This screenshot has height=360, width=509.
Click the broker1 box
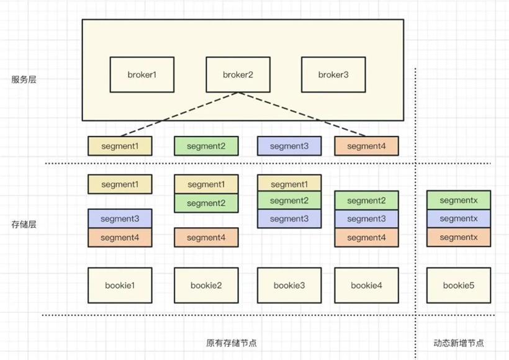click(x=142, y=74)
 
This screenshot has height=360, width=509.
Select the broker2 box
click(x=238, y=74)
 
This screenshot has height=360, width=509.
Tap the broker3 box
click(x=333, y=74)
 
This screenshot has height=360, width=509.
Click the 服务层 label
click(x=24, y=79)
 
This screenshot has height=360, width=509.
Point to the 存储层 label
click(x=24, y=224)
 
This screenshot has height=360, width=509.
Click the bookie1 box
click(x=120, y=286)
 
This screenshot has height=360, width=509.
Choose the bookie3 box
click(x=289, y=286)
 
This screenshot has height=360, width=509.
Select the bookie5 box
click(x=459, y=286)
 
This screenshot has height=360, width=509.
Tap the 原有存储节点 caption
click(x=232, y=343)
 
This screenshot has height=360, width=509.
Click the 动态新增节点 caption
click(x=459, y=343)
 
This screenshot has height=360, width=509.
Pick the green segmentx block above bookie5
click(x=459, y=200)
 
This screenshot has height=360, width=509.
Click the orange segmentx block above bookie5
click(x=459, y=237)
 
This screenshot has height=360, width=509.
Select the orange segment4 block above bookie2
click(x=206, y=237)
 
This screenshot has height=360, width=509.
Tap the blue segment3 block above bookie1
click(x=120, y=218)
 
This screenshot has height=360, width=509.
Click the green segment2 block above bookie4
click(x=366, y=200)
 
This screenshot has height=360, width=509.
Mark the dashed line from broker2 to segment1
click(x=179, y=114)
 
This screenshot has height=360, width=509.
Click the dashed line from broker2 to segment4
click(x=302, y=114)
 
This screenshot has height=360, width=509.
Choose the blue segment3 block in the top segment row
click(x=289, y=146)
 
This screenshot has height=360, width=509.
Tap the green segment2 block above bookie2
click(x=206, y=203)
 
